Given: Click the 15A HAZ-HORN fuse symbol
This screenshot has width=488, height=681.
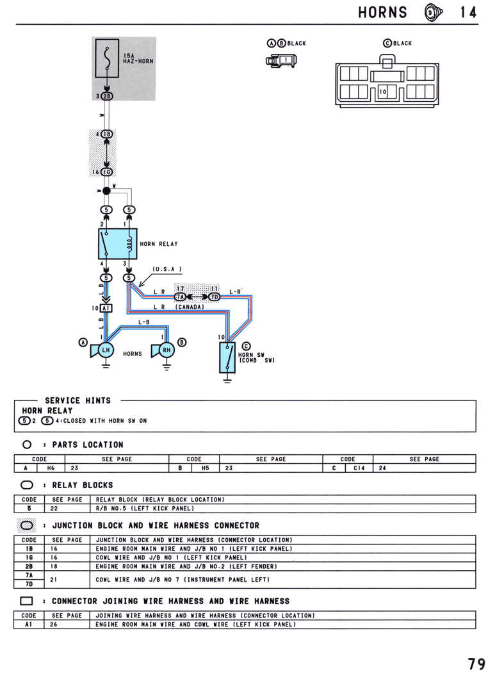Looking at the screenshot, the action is pos(107,59).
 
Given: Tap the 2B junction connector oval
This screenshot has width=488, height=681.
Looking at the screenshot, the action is pos(107,97).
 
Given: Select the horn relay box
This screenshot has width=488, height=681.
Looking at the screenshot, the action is pos(118,243).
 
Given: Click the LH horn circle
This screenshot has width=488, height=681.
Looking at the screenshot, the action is pos(106,350).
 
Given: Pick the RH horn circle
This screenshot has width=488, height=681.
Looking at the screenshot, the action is pos(167,350).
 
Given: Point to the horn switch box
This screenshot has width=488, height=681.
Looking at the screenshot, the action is pos(227,357).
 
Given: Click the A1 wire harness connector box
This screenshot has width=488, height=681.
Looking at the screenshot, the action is pos(106,308).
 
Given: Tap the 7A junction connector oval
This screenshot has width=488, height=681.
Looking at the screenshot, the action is pos(180,297).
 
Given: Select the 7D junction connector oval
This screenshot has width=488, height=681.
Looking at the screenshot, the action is pos(215,297).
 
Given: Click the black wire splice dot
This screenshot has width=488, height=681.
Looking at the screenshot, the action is pos(106,191).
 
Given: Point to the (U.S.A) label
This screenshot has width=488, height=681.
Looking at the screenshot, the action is pos(167,269).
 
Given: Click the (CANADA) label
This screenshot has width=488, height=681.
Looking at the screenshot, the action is pos(190,307).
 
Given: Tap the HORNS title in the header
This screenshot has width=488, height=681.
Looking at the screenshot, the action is pos(382,13).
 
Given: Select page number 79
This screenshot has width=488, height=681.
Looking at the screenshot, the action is pos(476,664).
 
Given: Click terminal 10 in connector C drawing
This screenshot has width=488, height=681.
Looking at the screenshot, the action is pos(382,92).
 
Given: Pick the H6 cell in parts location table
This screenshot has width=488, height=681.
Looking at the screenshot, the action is pos(51,468).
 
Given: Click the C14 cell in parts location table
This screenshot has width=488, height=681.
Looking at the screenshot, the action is pos(359,468).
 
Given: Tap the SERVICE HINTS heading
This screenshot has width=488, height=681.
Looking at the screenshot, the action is pos(77,400).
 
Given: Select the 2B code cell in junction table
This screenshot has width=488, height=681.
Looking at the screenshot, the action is pos(29,566).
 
